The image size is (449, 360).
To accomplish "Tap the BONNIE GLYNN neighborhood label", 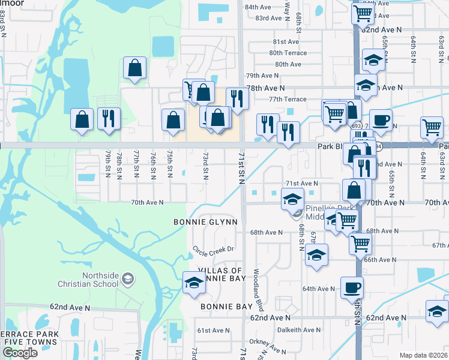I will click(206, 222).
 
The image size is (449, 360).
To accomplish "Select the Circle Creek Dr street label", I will click(212, 248).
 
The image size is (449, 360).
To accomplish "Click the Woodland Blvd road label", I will click(256, 295).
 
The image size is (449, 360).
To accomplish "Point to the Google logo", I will click(20, 352).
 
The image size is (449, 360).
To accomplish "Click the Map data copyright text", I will click(424, 355).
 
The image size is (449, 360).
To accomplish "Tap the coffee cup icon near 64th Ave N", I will click(352, 287).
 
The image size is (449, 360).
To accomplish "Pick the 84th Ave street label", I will click(258, 7).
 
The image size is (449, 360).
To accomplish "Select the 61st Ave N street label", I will click(214, 331).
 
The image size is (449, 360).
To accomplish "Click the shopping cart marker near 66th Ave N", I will click(360, 244).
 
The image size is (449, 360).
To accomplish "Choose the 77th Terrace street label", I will click(288, 99).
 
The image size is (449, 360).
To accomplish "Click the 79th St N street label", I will click(109, 164).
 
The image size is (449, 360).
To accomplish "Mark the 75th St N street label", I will click(170, 164).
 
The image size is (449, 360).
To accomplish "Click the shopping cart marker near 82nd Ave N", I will click(363, 13).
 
